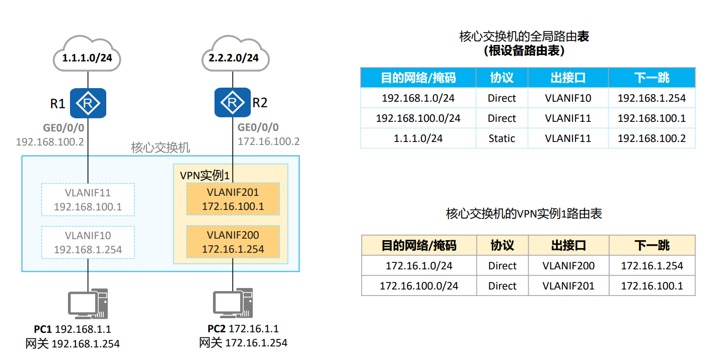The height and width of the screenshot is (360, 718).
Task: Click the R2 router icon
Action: click(x=233, y=103)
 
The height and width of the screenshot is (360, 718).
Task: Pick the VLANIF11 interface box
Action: click(x=88, y=199)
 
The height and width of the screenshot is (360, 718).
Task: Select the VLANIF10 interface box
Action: click(x=88, y=242)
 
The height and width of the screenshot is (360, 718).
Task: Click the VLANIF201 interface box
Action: click(x=233, y=199)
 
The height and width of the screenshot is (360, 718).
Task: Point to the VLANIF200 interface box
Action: click(x=233, y=242)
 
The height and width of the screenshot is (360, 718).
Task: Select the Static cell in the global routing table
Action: click(x=501, y=138)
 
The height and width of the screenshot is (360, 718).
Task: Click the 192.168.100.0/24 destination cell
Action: click(x=418, y=118)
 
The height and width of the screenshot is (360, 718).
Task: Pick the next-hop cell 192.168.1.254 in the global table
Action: click(x=652, y=98)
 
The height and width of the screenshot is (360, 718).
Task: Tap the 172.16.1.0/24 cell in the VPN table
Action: click(x=419, y=266)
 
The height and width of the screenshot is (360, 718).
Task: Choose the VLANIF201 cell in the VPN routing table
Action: click(x=568, y=286)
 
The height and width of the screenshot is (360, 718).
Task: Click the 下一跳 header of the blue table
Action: click(x=652, y=78)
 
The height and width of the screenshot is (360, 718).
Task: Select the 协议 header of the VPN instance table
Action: click(x=502, y=245)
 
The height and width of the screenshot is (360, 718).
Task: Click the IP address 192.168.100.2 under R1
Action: click(x=50, y=141)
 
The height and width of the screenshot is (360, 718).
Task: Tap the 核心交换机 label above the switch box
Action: click(x=161, y=148)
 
